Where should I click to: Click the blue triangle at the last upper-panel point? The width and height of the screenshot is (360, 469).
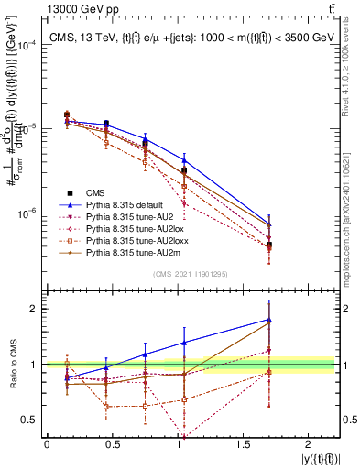pos(269,224)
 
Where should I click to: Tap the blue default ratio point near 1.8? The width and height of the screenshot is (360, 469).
pos(269,320)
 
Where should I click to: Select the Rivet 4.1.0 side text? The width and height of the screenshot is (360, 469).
pos(351,64)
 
